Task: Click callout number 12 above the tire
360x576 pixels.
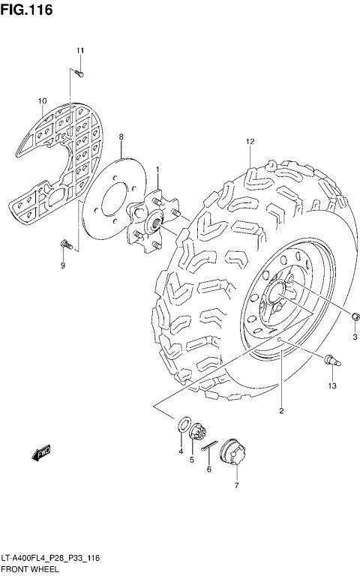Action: coord(250,142)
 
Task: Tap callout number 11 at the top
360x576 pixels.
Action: coord(79,50)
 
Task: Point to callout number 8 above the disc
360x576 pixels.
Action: coord(121,136)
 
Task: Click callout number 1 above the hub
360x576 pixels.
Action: coord(157,171)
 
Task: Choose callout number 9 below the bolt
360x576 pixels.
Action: coord(63,265)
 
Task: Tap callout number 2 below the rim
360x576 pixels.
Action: coord(281,410)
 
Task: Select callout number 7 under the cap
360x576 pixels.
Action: coord(236,486)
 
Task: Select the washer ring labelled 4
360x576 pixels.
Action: coord(182,425)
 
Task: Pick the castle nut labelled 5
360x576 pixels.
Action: coord(198,433)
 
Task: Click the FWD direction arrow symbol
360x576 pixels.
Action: coord(40,451)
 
